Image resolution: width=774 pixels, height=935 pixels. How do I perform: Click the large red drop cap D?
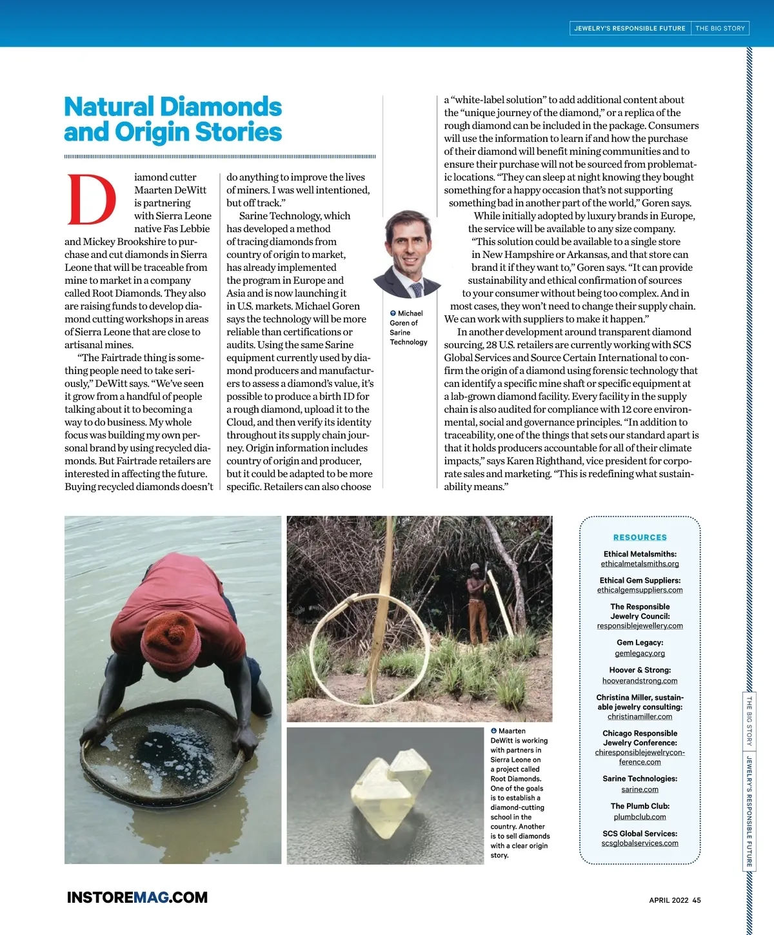(92, 199)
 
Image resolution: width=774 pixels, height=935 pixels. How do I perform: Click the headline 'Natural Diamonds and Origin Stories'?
(173, 119)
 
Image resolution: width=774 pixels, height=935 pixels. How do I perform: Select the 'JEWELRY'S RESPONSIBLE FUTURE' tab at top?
(630, 28)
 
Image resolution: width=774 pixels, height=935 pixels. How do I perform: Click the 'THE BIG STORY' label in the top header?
(720, 28)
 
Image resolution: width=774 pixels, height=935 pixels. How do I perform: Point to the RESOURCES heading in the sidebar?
(640, 537)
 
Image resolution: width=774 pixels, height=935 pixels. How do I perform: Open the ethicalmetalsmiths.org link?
(640, 564)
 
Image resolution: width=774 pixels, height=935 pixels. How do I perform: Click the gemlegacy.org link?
(640, 653)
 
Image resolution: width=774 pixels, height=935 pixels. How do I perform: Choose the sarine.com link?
(640, 789)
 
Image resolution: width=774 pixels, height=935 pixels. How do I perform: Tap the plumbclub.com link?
(640, 817)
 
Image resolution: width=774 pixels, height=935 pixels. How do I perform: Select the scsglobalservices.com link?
(640, 843)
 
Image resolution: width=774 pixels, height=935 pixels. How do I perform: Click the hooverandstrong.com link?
(640, 681)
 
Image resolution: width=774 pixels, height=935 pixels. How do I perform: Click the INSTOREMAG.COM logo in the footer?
(137, 898)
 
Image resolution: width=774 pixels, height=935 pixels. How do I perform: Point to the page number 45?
(697, 900)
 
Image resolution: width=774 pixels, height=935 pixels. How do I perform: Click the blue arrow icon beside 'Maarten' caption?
(493, 731)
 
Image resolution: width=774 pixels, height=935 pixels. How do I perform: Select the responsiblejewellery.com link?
(640, 626)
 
